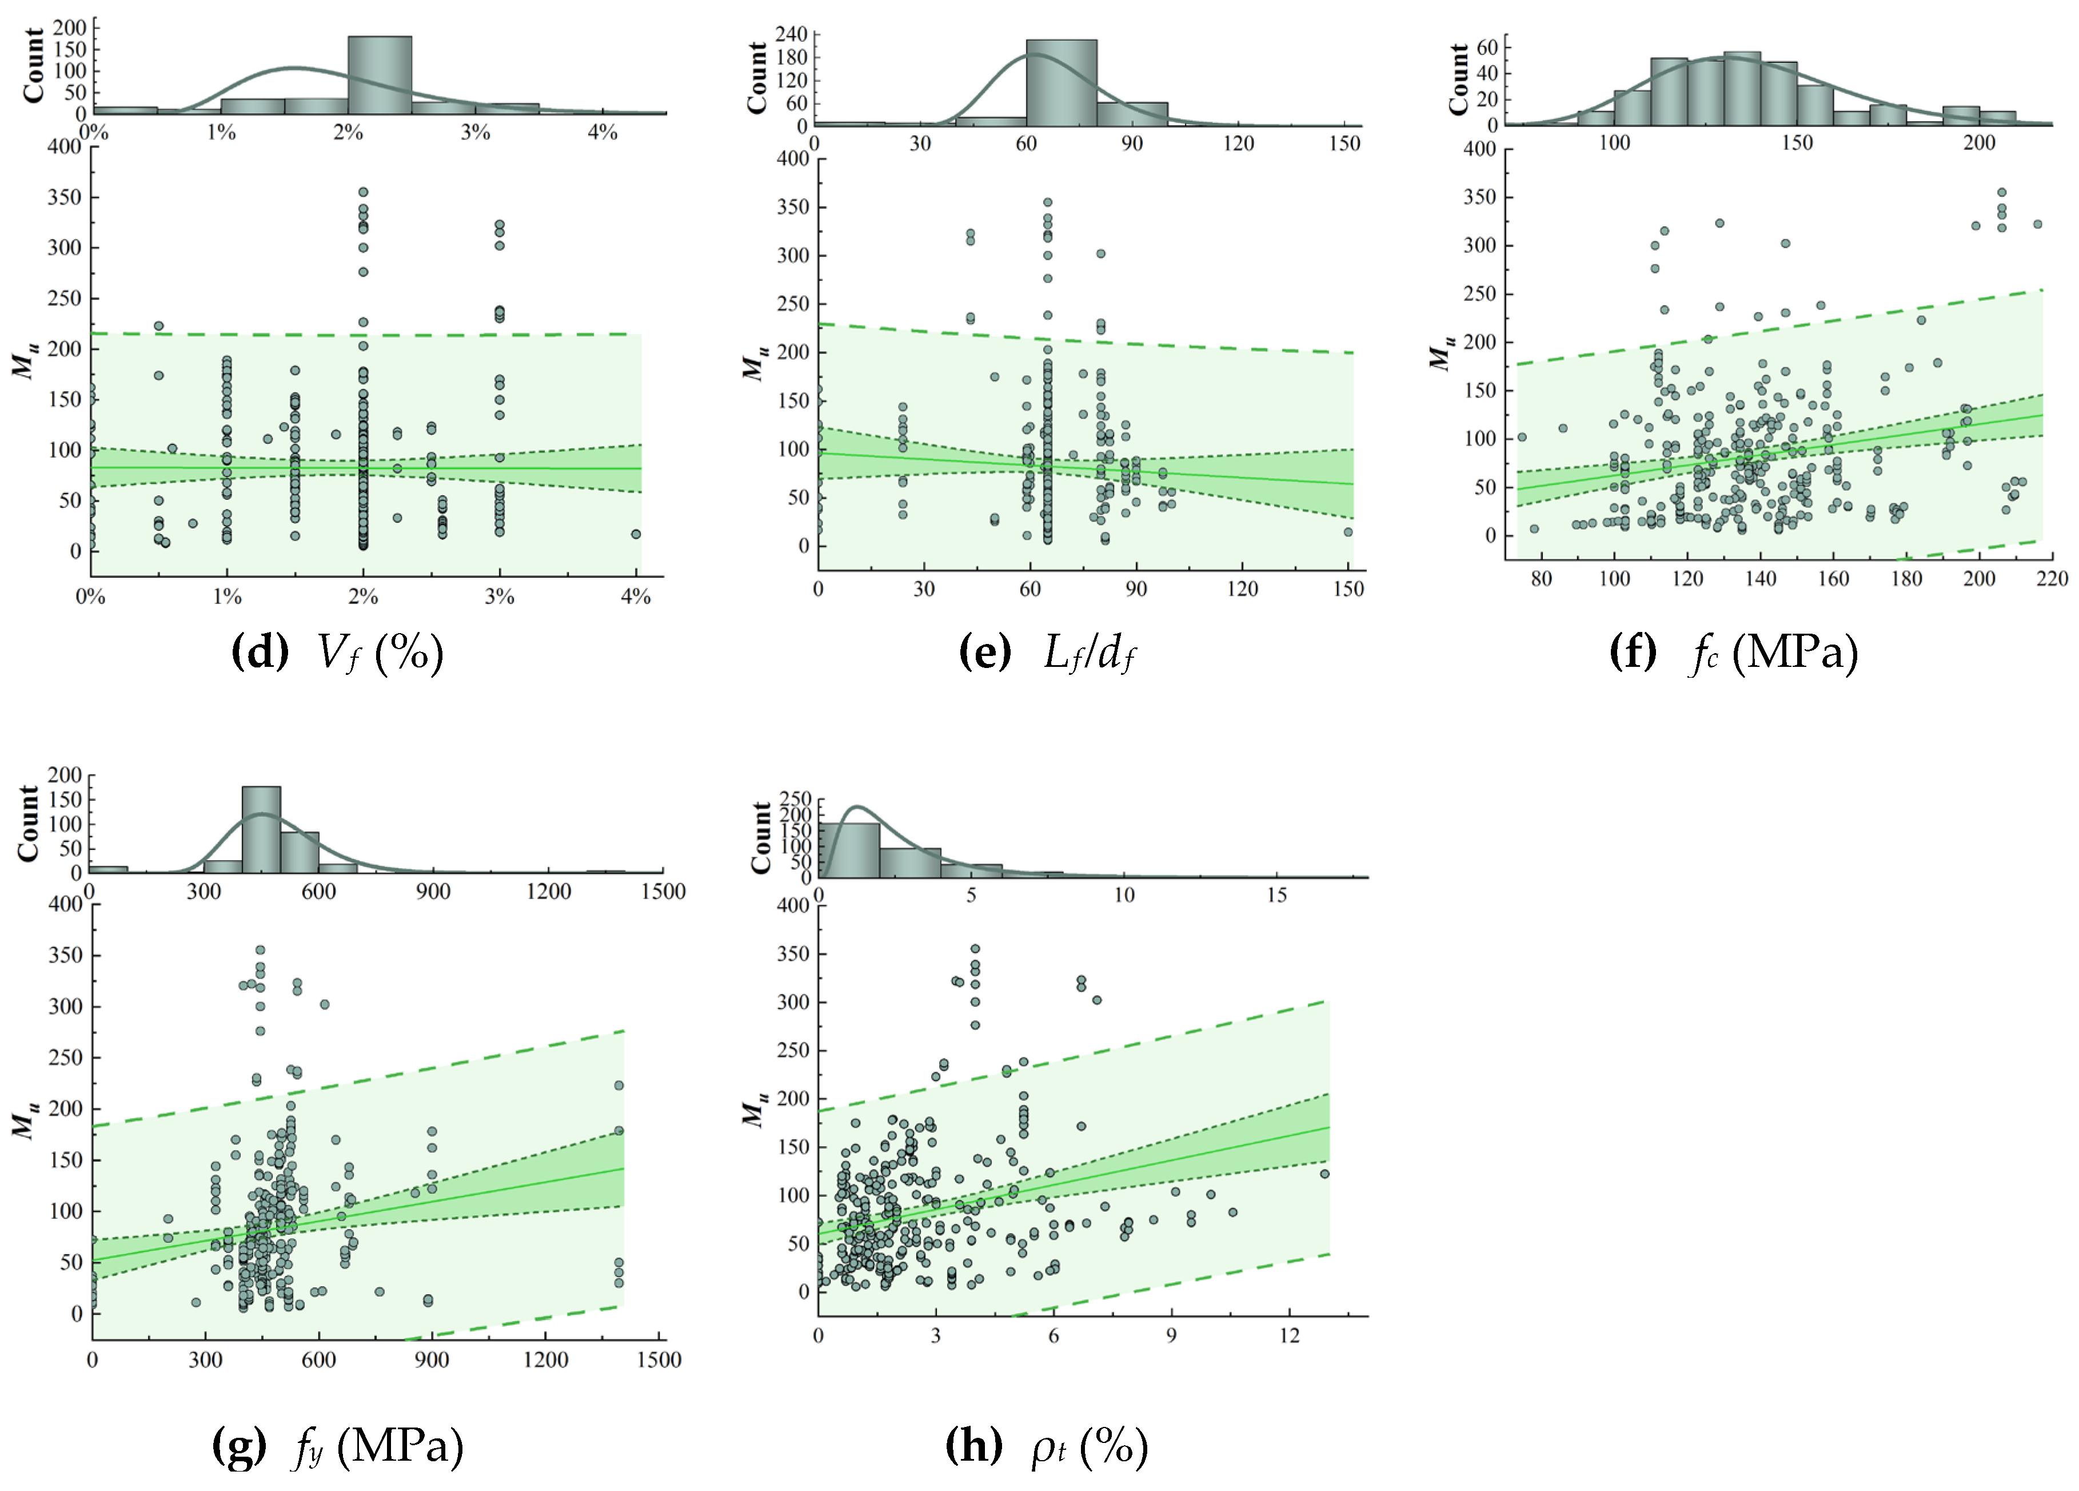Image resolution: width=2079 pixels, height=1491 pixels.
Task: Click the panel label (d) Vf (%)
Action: tap(337, 653)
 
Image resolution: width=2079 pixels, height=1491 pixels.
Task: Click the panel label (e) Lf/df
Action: tap(1047, 653)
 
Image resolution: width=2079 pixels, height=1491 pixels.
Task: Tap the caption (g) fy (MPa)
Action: tap(337, 1447)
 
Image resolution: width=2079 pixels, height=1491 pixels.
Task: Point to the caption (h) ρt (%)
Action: tap(1046, 1447)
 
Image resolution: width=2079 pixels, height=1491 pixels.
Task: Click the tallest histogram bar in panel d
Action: tap(380, 75)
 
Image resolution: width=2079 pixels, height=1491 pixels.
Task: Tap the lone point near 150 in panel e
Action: tap(1347, 532)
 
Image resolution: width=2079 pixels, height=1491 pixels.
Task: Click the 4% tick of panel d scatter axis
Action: tap(635, 597)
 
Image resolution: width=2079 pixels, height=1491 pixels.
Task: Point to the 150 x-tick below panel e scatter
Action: tap(1347, 589)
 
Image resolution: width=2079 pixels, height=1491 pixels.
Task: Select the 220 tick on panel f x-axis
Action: tap(2052, 579)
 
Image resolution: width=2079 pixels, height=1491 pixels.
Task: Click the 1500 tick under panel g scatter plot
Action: tap(658, 1360)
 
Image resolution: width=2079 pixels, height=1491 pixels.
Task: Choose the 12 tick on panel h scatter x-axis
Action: tap(1289, 1336)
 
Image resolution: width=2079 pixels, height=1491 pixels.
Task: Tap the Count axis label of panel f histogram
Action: tap(1458, 79)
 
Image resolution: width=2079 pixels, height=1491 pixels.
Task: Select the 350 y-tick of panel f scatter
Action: tap(1479, 197)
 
